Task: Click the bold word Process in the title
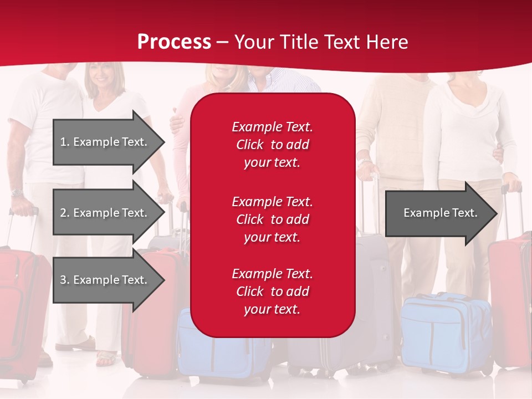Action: (x=174, y=42)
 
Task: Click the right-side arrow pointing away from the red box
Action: (x=438, y=213)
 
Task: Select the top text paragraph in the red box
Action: (x=272, y=145)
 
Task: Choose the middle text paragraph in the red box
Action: (x=272, y=219)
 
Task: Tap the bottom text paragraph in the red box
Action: (x=272, y=291)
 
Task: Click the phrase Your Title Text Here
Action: (x=321, y=42)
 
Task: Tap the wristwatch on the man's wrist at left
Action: (x=17, y=192)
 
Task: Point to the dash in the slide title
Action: (x=223, y=43)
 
